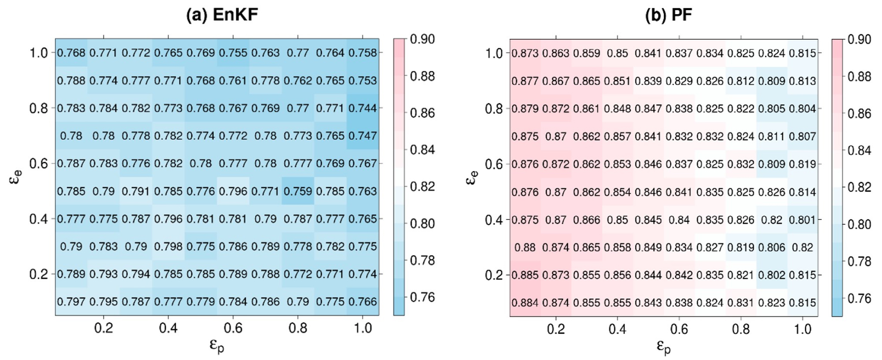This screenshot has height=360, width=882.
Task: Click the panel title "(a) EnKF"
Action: coord(222,15)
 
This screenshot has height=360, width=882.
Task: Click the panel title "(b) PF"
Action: coord(668,15)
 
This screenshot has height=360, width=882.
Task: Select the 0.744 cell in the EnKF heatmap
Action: coord(363,108)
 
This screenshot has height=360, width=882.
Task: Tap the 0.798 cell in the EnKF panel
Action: coord(168,246)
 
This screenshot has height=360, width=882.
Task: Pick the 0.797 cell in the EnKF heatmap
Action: coord(71,302)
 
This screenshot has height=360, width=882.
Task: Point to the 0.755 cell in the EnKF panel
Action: coord(233,53)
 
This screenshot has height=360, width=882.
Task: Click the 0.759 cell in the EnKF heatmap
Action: coord(298,191)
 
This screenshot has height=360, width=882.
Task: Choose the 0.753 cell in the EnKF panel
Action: coord(363,81)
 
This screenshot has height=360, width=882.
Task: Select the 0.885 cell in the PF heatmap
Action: coord(525,275)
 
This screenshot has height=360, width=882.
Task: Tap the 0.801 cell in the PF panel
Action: coord(803,219)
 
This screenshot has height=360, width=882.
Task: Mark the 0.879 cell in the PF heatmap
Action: coord(525,108)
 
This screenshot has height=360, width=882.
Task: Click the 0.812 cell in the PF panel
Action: coord(741,81)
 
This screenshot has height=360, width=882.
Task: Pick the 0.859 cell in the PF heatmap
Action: coord(587,53)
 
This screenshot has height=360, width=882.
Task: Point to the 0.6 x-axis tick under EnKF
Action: coord(233,328)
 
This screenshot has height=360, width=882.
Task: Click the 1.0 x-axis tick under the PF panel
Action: coord(803,329)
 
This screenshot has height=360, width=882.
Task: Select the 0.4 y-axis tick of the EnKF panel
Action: coord(38,219)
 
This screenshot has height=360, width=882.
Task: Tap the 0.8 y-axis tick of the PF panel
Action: coord(494,109)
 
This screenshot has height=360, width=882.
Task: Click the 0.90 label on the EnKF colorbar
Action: coord(422,39)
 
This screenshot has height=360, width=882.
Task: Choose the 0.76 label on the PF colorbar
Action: coord(860,298)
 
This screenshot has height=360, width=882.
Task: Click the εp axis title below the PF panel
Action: coord(663,347)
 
